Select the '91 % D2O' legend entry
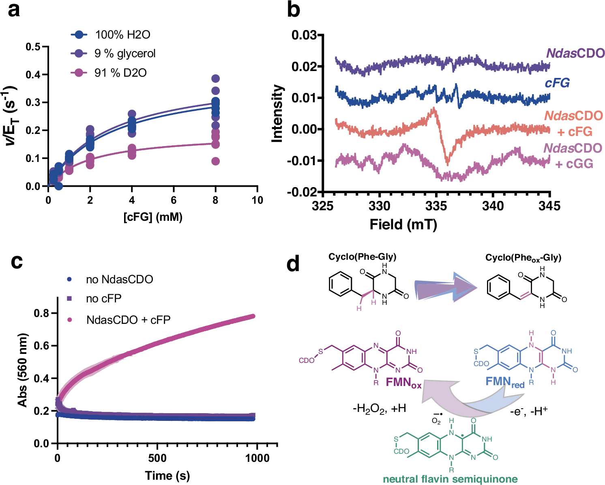120,73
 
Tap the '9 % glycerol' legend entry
124,54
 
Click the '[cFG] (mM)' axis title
153,217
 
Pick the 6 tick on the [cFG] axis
174,200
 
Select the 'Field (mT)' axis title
403,224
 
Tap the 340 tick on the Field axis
493,206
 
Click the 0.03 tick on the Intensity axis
304,35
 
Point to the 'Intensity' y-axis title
277,113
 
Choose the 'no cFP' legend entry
103,299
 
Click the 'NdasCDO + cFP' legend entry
128,320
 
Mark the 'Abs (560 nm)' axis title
22,370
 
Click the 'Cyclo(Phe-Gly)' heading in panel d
362,257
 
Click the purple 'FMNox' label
403,383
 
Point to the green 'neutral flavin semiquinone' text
450,479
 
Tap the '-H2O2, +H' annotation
379,408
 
